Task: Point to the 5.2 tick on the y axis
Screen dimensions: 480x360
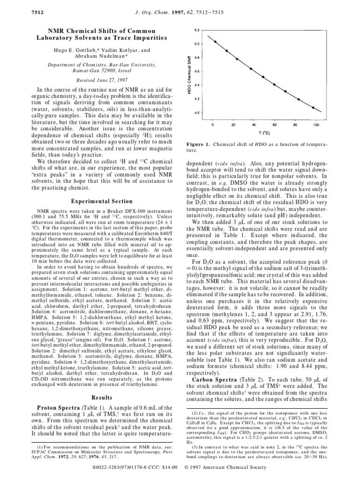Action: (x=196, y=30)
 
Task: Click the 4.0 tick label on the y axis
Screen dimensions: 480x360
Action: (x=196, y=113)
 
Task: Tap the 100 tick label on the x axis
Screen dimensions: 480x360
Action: (x=316, y=125)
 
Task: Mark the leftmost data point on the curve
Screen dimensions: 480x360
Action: (x=215, y=41)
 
